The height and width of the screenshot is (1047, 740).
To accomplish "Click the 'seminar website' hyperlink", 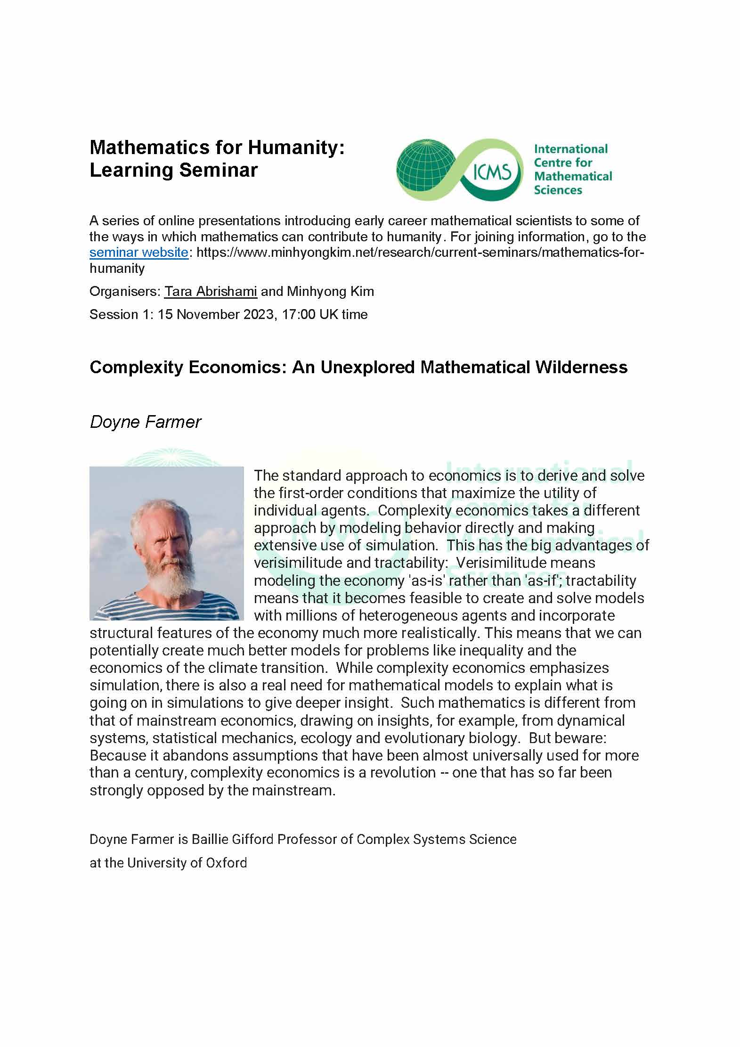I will pos(139,253).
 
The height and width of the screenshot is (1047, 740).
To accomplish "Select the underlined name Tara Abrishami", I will pos(211,292).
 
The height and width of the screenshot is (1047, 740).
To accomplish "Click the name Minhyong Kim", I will pos(330,292).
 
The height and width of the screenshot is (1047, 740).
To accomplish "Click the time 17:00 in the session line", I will pos(299,314).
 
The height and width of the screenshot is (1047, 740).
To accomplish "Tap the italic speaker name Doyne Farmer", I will pos(145,422).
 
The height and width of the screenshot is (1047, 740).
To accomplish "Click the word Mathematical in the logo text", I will pos(573,177).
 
